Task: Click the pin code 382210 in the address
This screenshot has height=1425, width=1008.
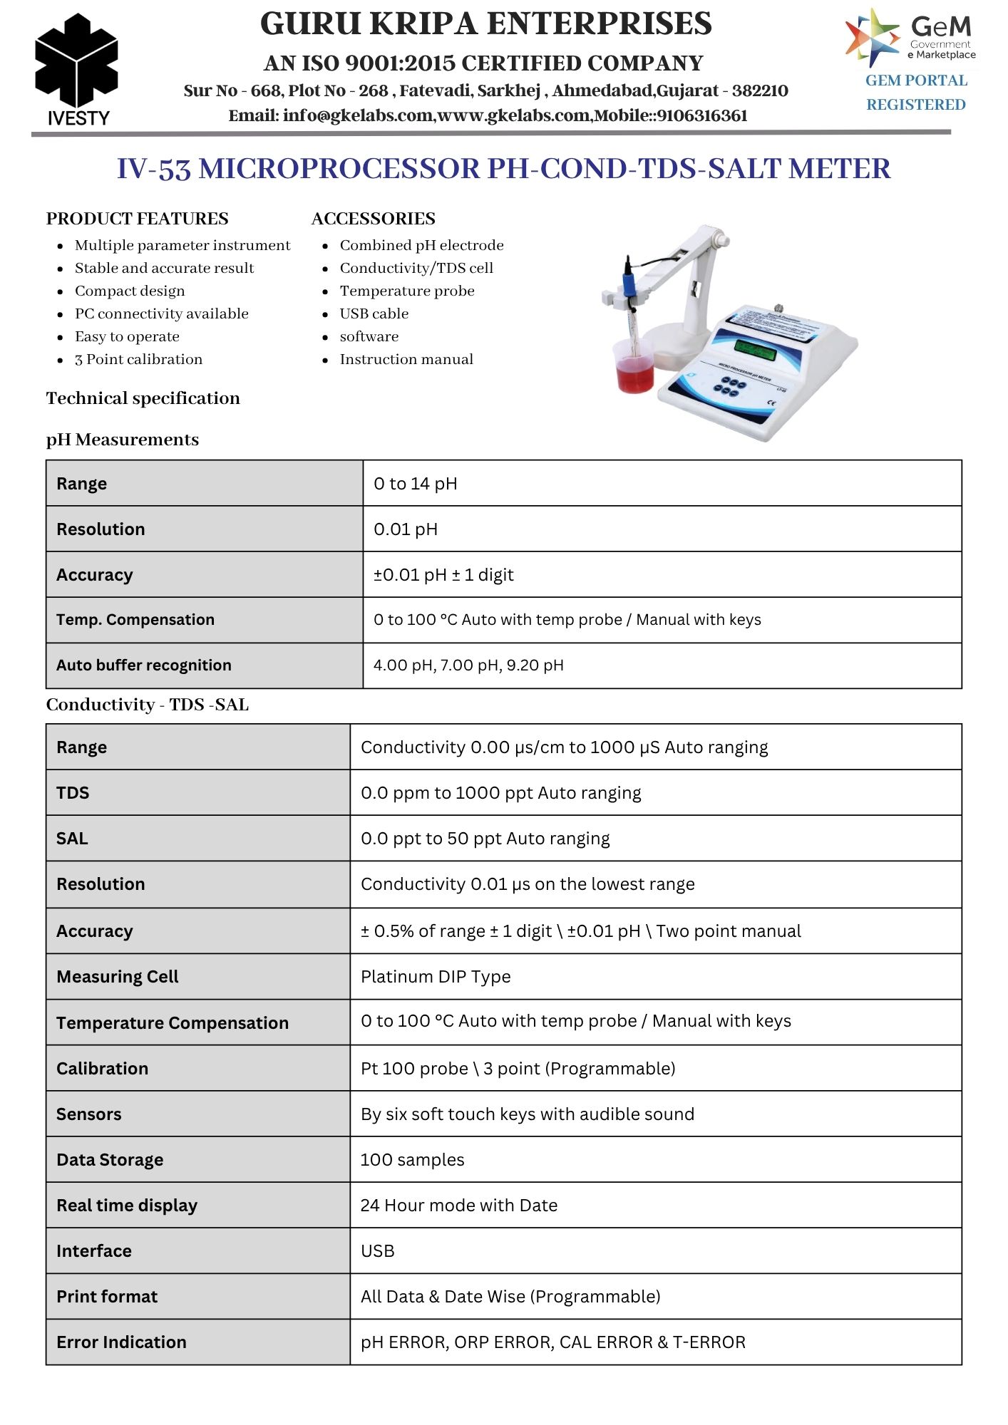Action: click(x=760, y=91)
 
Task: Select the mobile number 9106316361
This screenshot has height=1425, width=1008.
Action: click(x=702, y=116)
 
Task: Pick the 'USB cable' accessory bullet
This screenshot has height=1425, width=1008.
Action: click(x=374, y=313)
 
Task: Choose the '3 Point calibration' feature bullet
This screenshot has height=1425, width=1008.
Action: click(x=138, y=359)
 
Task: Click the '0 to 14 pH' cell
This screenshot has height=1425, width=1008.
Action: click(x=416, y=484)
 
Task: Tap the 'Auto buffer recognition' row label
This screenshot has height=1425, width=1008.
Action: click(x=144, y=665)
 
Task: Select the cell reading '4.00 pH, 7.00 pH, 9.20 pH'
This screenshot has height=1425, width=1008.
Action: click(x=468, y=665)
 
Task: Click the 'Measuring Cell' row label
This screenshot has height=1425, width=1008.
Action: click(x=118, y=977)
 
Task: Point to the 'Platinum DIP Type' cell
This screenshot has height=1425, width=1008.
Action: click(x=436, y=977)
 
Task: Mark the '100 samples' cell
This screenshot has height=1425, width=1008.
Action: click(x=412, y=1160)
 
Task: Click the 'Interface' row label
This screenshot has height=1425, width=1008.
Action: click(x=94, y=1251)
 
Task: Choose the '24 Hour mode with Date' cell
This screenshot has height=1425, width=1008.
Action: click(x=459, y=1206)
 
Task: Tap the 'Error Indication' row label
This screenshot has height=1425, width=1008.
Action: click(x=121, y=1342)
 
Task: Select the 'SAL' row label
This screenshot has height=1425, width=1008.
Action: click(x=72, y=839)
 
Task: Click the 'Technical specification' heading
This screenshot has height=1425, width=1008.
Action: click(x=143, y=398)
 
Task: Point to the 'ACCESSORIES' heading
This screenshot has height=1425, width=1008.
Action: click(x=374, y=219)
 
